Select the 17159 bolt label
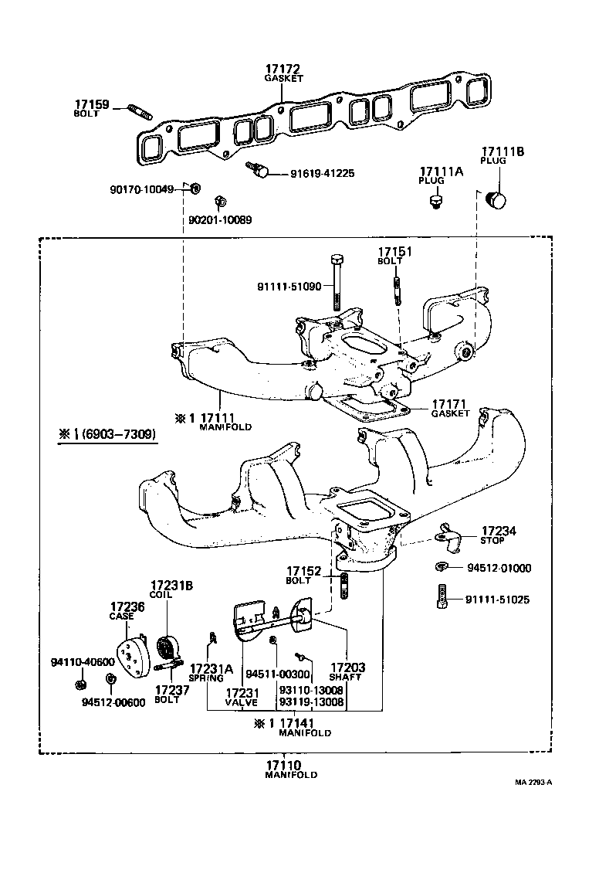coord(92,105)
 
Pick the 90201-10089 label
coord(220,220)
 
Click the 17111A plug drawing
coord(436,202)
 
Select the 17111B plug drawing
coord(494,199)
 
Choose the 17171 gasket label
coord(450,404)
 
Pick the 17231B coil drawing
coord(166,646)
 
